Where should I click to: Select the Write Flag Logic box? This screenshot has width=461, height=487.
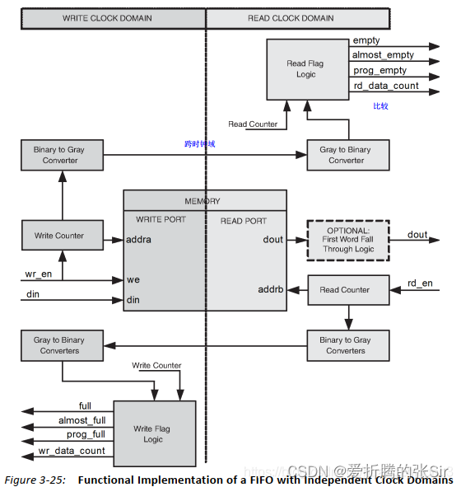click(153, 434)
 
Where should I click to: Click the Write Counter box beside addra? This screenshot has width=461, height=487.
click(63, 236)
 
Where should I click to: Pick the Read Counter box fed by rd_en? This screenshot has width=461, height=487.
click(345, 290)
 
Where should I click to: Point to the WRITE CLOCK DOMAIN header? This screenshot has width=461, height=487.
click(112, 18)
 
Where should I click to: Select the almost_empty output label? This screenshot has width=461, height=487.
click(383, 55)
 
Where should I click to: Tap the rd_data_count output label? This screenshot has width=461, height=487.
click(385, 86)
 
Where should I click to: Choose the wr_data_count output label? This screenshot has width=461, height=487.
click(72, 451)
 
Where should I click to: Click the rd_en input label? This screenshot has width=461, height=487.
click(420, 284)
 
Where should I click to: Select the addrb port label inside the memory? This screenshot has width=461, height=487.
click(270, 289)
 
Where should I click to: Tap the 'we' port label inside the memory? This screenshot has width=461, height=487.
click(132, 280)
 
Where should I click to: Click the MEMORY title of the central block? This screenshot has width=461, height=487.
click(203, 201)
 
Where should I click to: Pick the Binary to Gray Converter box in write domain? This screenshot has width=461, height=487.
click(62, 155)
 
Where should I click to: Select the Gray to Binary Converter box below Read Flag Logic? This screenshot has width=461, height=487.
click(347, 155)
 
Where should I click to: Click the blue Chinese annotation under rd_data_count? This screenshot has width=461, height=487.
click(380, 105)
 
